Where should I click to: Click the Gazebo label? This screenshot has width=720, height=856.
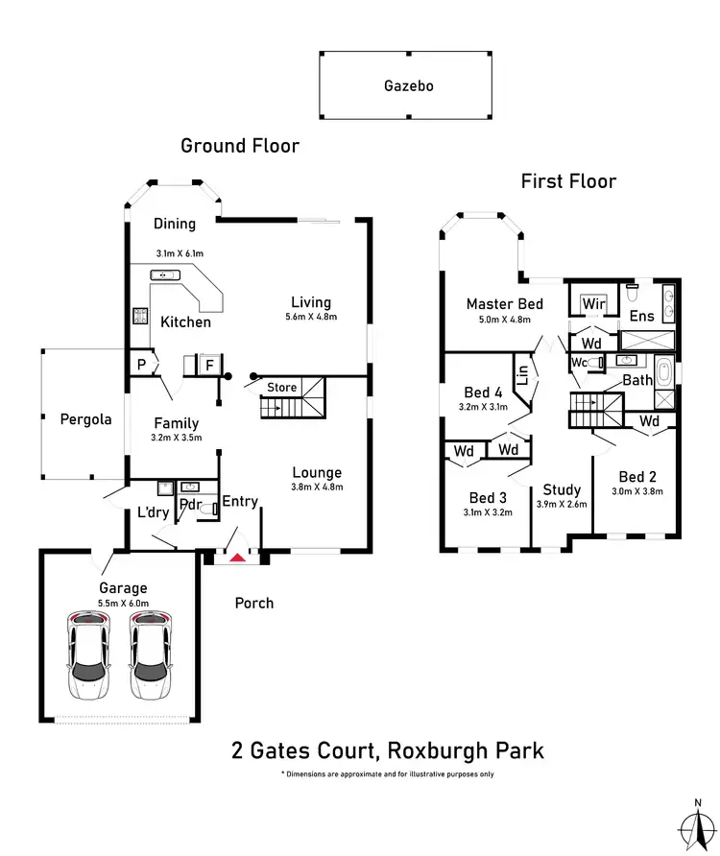pyautogui.click(x=409, y=85)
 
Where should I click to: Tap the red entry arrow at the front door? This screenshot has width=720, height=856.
pyautogui.click(x=238, y=558)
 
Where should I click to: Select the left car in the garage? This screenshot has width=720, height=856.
pyautogui.click(x=88, y=655)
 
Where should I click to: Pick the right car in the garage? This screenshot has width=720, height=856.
pyautogui.click(x=151, y=655)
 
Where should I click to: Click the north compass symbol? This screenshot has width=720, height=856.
pyautogui.click(x=698, y=826)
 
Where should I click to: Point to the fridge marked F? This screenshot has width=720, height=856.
pyautogui.click(x=209, y=365)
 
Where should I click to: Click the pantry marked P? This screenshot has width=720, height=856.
pyautogui.click(x=141, y=364)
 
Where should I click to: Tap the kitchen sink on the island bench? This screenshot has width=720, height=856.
pyautogui.click(x=165, y=275)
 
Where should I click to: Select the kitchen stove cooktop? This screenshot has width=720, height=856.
pyautogui.click(x=140, y=316)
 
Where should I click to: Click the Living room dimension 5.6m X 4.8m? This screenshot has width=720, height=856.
pyautogui.click(x=311, y=317)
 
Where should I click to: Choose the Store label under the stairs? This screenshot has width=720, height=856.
pyautogui.click(x=282, y=387)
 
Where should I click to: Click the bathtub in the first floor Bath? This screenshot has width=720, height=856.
pyautogui.click(x=664, y=372)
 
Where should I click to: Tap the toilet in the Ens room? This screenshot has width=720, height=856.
pyautogui.click(x=633, y=293)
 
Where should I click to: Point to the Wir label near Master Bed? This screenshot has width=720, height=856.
pyautogui.click(x=594, y=303)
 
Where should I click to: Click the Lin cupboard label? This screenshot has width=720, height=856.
pyautogui.click(x=522, y=375)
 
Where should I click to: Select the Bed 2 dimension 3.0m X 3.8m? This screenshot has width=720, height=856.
pyautogui.click(x=637, y=491)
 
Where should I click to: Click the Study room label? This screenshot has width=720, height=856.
pyautogui.click(x=562, y=489)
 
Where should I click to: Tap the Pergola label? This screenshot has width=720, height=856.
pyautogui.click(x=85, y=419)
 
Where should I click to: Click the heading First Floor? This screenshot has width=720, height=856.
pyautogui.click(x=568, y=181)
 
